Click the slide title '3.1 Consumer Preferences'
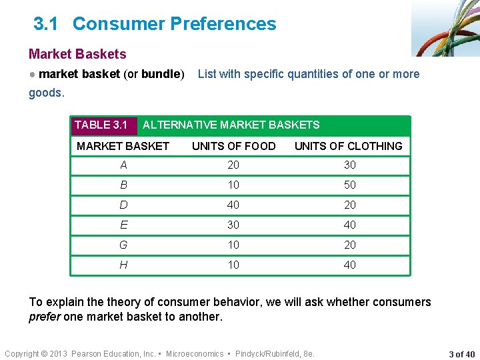pyautogui.click(x=155, y=24)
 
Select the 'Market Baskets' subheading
pyautogui.click(x=77, y=54)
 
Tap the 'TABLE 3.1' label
pyautogui.click(x=101, y=125)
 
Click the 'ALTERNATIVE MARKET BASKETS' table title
pyautogui.click(x=231, y=125)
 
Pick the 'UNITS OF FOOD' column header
pyautogui.click(x=233, y=146)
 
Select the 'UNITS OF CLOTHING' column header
pyautogui.click(x=349, y=146)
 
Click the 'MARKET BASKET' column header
pyautogui.click(x=123, y=146)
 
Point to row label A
pyautogui.click(x=123, y=165)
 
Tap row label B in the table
pyautogui.click(x=123, y=185)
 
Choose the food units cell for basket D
pyautogui.click(x=233, y=205)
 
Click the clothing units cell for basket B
pyautogui.click(x=350, y=185)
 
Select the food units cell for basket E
pyautogui.click(x=233, y=225)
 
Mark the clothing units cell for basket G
pyautogui.click(x=350, y=245)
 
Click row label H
pyautogui.click(x=123, y=265)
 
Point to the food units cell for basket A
pyautogui.click(x=233, y=165)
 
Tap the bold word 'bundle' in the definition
pyautogui.click(x=161, y=74)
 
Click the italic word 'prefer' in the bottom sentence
pyautogui.click(x=45, y=317)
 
